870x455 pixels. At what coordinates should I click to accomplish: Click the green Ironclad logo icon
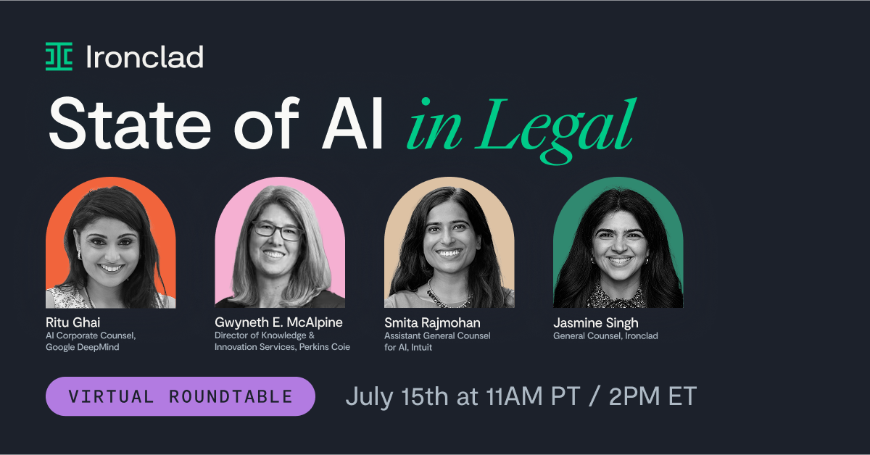[59, 57]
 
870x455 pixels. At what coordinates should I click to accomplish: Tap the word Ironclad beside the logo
[144, 57]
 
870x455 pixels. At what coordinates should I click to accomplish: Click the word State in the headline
[130, 123]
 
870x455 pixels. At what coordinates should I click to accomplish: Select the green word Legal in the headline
[556, 129]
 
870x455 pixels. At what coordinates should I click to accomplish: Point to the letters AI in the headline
[352, 123]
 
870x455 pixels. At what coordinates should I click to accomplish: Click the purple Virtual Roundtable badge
[181, 396]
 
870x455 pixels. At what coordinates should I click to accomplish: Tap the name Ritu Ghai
[73, 322]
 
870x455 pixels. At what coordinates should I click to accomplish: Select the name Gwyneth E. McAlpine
[278, 322]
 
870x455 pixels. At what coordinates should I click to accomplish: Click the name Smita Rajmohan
[432, 323]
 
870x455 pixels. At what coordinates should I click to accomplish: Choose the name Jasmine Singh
[596, 323]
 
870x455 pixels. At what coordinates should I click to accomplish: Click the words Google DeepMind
[83, 347]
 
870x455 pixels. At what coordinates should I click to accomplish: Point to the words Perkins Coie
[325, 347]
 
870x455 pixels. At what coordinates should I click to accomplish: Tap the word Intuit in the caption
[421, 347]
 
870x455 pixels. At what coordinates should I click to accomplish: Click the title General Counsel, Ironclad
[605, 335]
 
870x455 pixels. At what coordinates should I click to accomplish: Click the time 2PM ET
[653, 396]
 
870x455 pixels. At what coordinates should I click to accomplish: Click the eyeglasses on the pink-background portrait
[277, 231]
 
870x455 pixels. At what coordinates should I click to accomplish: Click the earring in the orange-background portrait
[79, 255]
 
